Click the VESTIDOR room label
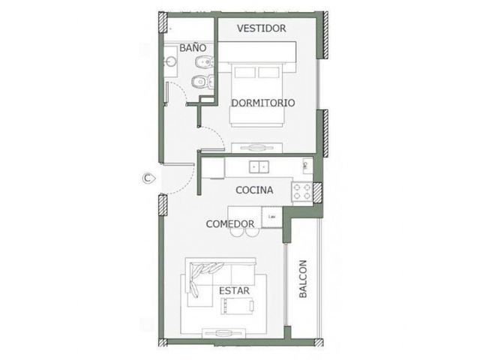point(262,28)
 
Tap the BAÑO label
point(193,48)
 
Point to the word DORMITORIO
point(263,103)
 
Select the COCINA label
point(254,190)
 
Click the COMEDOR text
point(230,224)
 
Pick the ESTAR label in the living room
point(235,291)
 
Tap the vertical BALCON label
point(303,279)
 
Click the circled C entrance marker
point(148,178)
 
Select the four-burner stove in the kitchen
point(302,192)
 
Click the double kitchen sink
point(259,167)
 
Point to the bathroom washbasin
point(169,61)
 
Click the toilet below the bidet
point(202,82)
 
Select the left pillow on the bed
point(245,73)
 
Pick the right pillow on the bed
point(268,73)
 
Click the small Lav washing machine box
point(271,217)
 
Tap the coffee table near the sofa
point(238,306)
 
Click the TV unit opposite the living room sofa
point(223,333)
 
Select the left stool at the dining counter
point(237,232)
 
